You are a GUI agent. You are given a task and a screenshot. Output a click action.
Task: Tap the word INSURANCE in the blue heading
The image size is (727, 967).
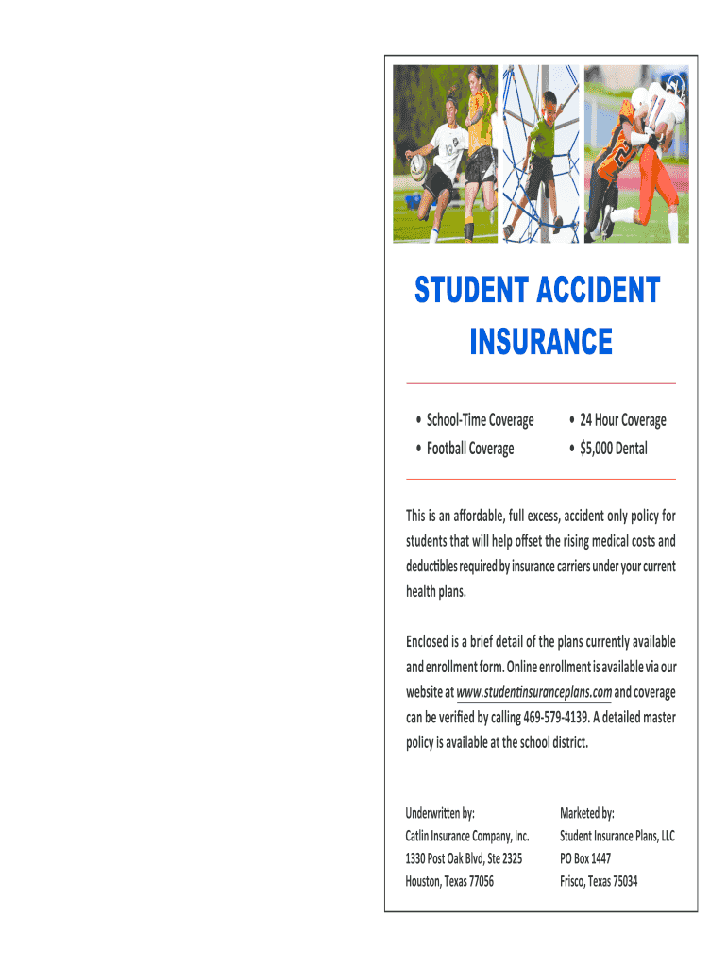541,341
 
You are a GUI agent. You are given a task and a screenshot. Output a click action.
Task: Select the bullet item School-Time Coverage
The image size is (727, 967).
480,420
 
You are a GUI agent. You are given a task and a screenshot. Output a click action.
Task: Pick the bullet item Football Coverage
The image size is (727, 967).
470,449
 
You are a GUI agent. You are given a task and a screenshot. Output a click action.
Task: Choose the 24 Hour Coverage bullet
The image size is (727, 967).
622,420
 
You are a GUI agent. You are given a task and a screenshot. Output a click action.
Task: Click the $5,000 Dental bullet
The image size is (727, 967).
614,449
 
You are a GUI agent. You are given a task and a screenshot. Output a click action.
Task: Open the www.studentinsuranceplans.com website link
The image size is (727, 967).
533,691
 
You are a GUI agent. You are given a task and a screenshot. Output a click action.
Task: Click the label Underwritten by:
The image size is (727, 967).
440,813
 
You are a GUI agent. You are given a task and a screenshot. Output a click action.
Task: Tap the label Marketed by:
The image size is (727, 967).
587,813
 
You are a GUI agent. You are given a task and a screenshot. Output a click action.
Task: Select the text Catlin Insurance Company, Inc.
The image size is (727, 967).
467,836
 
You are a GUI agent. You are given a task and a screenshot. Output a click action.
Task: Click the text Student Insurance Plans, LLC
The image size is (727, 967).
617,836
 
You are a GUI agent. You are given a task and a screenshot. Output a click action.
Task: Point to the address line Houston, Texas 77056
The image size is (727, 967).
449,881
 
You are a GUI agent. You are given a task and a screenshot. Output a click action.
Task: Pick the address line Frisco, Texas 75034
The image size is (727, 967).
599,881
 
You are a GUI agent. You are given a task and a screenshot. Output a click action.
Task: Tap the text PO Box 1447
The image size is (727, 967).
585,858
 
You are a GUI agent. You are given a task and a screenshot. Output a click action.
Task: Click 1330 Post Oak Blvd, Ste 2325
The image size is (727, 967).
464,858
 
